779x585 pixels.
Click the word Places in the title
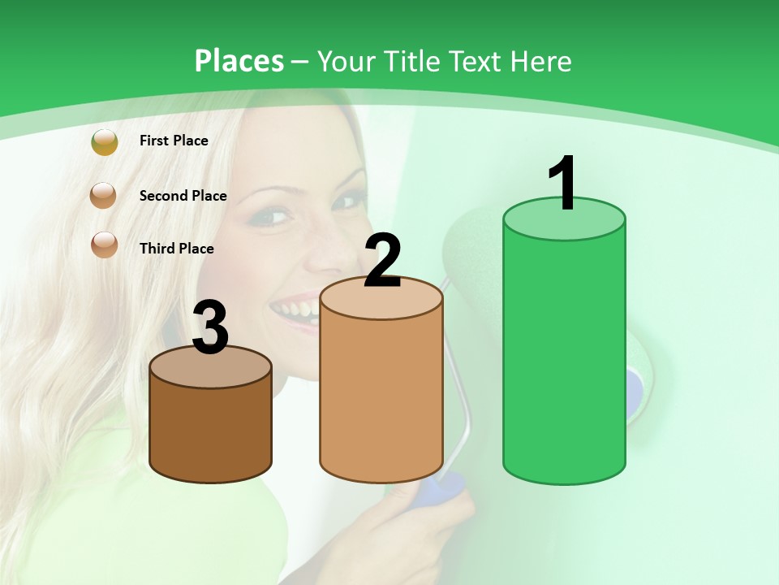[239, 61]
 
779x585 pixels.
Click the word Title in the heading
[410, 61]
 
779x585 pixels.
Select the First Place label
[174, 141]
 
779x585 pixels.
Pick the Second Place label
[183, 196]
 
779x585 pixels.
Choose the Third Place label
[176, 249]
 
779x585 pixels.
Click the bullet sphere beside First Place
[105, 142]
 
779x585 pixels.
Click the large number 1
[562, 184]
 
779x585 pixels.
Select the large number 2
[382, 261]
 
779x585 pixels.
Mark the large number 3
[211, 328]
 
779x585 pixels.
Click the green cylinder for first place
[564, 357]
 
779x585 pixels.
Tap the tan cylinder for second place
[381, 390]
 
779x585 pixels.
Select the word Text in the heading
[474, 61]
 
